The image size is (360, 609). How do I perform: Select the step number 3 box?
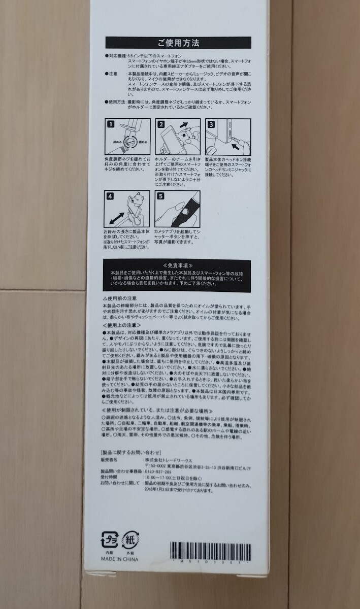[x=209, y=124]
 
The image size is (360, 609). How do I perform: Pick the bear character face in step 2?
[x=187, y=139]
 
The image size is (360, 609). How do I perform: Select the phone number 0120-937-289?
[x=158, y=471]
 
